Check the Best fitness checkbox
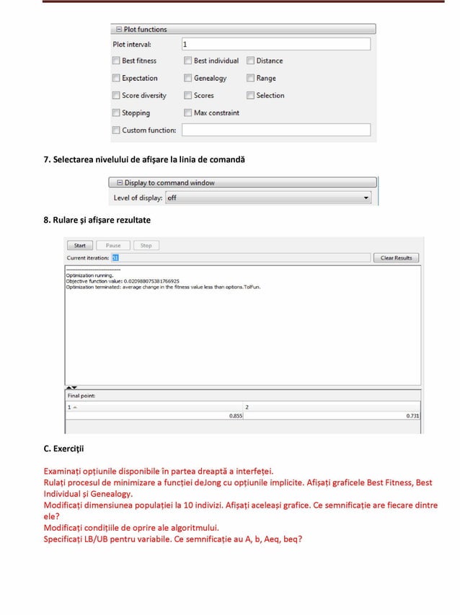point(116,61)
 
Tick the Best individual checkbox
point(188,61)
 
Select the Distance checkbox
point(251,61)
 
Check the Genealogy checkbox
point(188,79)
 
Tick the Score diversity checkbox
point(116,96)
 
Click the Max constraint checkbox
point(188,113)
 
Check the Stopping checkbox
point(116,113)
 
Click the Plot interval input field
point(275,45)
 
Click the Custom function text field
point(275,130)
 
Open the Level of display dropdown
point(267,198)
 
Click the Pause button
point(113,246)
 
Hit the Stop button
point(146,246)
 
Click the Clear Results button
point(396,257)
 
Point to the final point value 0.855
point(235,416)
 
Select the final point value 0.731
point(412,416)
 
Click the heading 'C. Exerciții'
point(64,448)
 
